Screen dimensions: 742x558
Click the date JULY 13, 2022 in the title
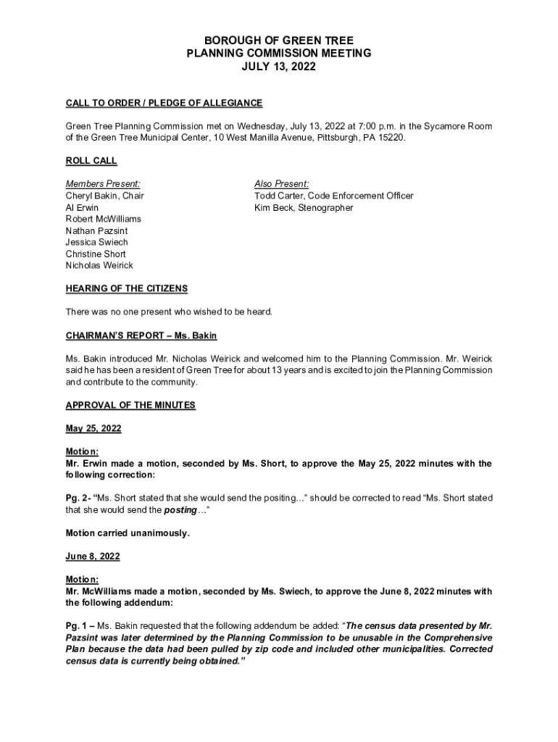pyautogui.click(x=278, y=67)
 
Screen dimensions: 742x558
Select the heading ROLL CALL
pyautogui.click(x=91, y=161)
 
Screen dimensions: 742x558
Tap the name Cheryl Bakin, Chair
pyautogui.click(x=105, y=196)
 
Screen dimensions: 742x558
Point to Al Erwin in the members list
pyautogui.click(x=82, y=207)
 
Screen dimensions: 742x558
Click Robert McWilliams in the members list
pyautogui.click(x=104, y=219)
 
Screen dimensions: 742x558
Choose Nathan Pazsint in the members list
pyautogui.click(x=96, y=230)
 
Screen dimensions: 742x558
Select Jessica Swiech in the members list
pyautogui.click(x=96, y=242)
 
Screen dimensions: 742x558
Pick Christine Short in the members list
pyautogui.click(x=96, y=254)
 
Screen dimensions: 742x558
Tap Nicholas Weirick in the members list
pyautogui.click(x=99, y=265)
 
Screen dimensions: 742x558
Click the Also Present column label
pyautogui.click(x=281, y=184)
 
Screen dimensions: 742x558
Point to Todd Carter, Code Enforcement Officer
pyautogui.click(x=333, y=196)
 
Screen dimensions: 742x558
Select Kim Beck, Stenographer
pyautogui.click(x=304, y=207)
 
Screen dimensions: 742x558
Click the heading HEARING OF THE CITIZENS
pyautogui.click(x=127, y=288)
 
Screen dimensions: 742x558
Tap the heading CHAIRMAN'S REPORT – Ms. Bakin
pyautogui.click(x=141, y=335)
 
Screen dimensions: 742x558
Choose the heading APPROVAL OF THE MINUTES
pyautogui.click(x=130, y=405)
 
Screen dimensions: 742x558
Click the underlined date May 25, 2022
pyautogui.click(x=93, y=428)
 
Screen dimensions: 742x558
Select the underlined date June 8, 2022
pyautogui.click(x=93, y=556)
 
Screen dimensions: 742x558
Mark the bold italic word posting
pyautogui.click(x=180, y=510)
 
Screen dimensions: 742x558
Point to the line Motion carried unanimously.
pyautogui.click(x=128, y=533)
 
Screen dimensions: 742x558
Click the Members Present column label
pyautogui.click(x=103, y=184)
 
